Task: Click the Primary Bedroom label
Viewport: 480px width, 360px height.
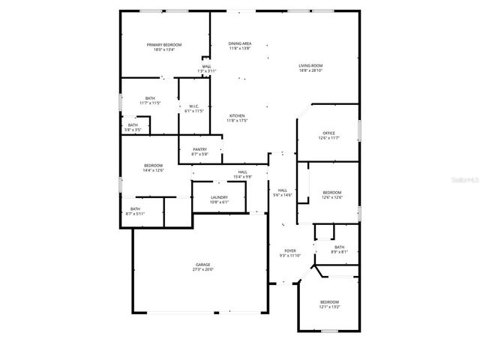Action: click(x=163, y=45)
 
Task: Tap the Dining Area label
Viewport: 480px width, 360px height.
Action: click(x=240, y=43)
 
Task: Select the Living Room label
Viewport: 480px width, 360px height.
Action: click(x=310, y=66)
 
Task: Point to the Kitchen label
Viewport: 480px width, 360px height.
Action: click(x=237, y=115)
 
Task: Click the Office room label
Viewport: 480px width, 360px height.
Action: click(x=329, y=133)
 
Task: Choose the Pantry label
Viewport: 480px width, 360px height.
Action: click(x=199, y=149)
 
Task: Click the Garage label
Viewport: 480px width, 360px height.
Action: click(x=203, y=265)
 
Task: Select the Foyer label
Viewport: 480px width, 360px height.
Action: click(x=289, y=250)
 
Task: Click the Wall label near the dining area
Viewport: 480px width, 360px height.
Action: click(x=206, y=66)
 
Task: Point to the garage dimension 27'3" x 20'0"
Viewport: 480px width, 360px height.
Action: click(x=203, y=269)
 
